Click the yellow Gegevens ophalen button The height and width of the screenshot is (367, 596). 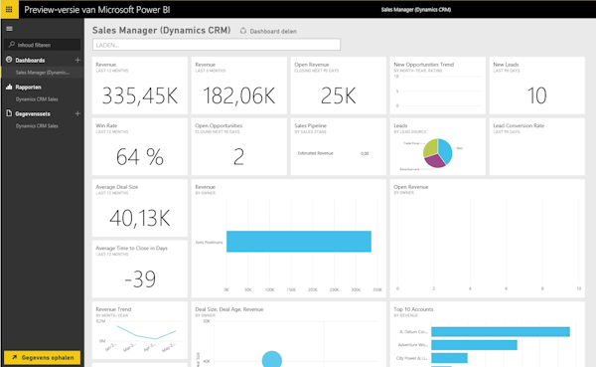(42, 356)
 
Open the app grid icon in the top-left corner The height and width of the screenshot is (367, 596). (9, 8)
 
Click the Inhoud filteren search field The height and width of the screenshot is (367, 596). (45, 45)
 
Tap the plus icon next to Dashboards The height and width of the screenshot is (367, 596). (77, 61)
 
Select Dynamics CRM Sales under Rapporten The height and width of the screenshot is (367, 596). (37, 99)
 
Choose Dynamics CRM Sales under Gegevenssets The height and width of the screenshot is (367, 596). (37, 126)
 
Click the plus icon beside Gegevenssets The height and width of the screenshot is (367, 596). (77, 113)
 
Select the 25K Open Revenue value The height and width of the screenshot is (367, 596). (337, 94)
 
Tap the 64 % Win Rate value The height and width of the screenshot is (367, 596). (139, 156)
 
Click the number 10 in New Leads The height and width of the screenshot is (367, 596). (536, 95)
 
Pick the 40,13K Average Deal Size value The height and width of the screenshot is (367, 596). (138, 217)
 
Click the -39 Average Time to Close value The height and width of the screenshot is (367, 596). (138, 277)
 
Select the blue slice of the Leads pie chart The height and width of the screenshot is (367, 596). (444, 151)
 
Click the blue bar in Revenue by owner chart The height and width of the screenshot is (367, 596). (298, 241)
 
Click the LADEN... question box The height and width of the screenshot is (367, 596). (216, 45)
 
